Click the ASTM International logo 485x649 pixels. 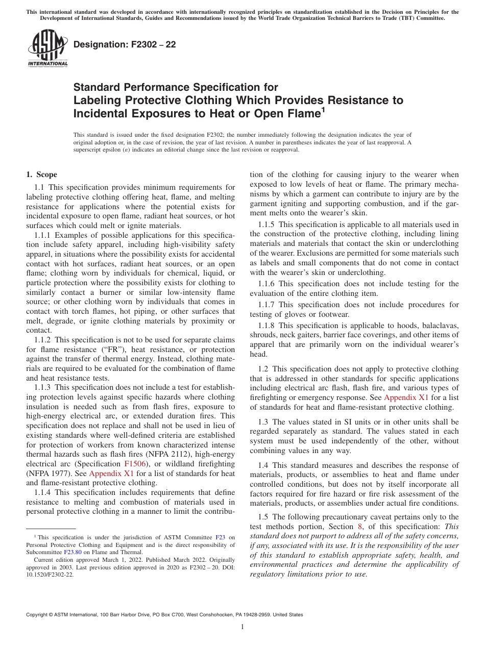(x=47, y=48)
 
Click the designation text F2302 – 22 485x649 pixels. (x=125, y=44)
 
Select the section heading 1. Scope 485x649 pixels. (x=42, y=174)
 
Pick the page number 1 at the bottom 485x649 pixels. (x=243, y=627)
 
